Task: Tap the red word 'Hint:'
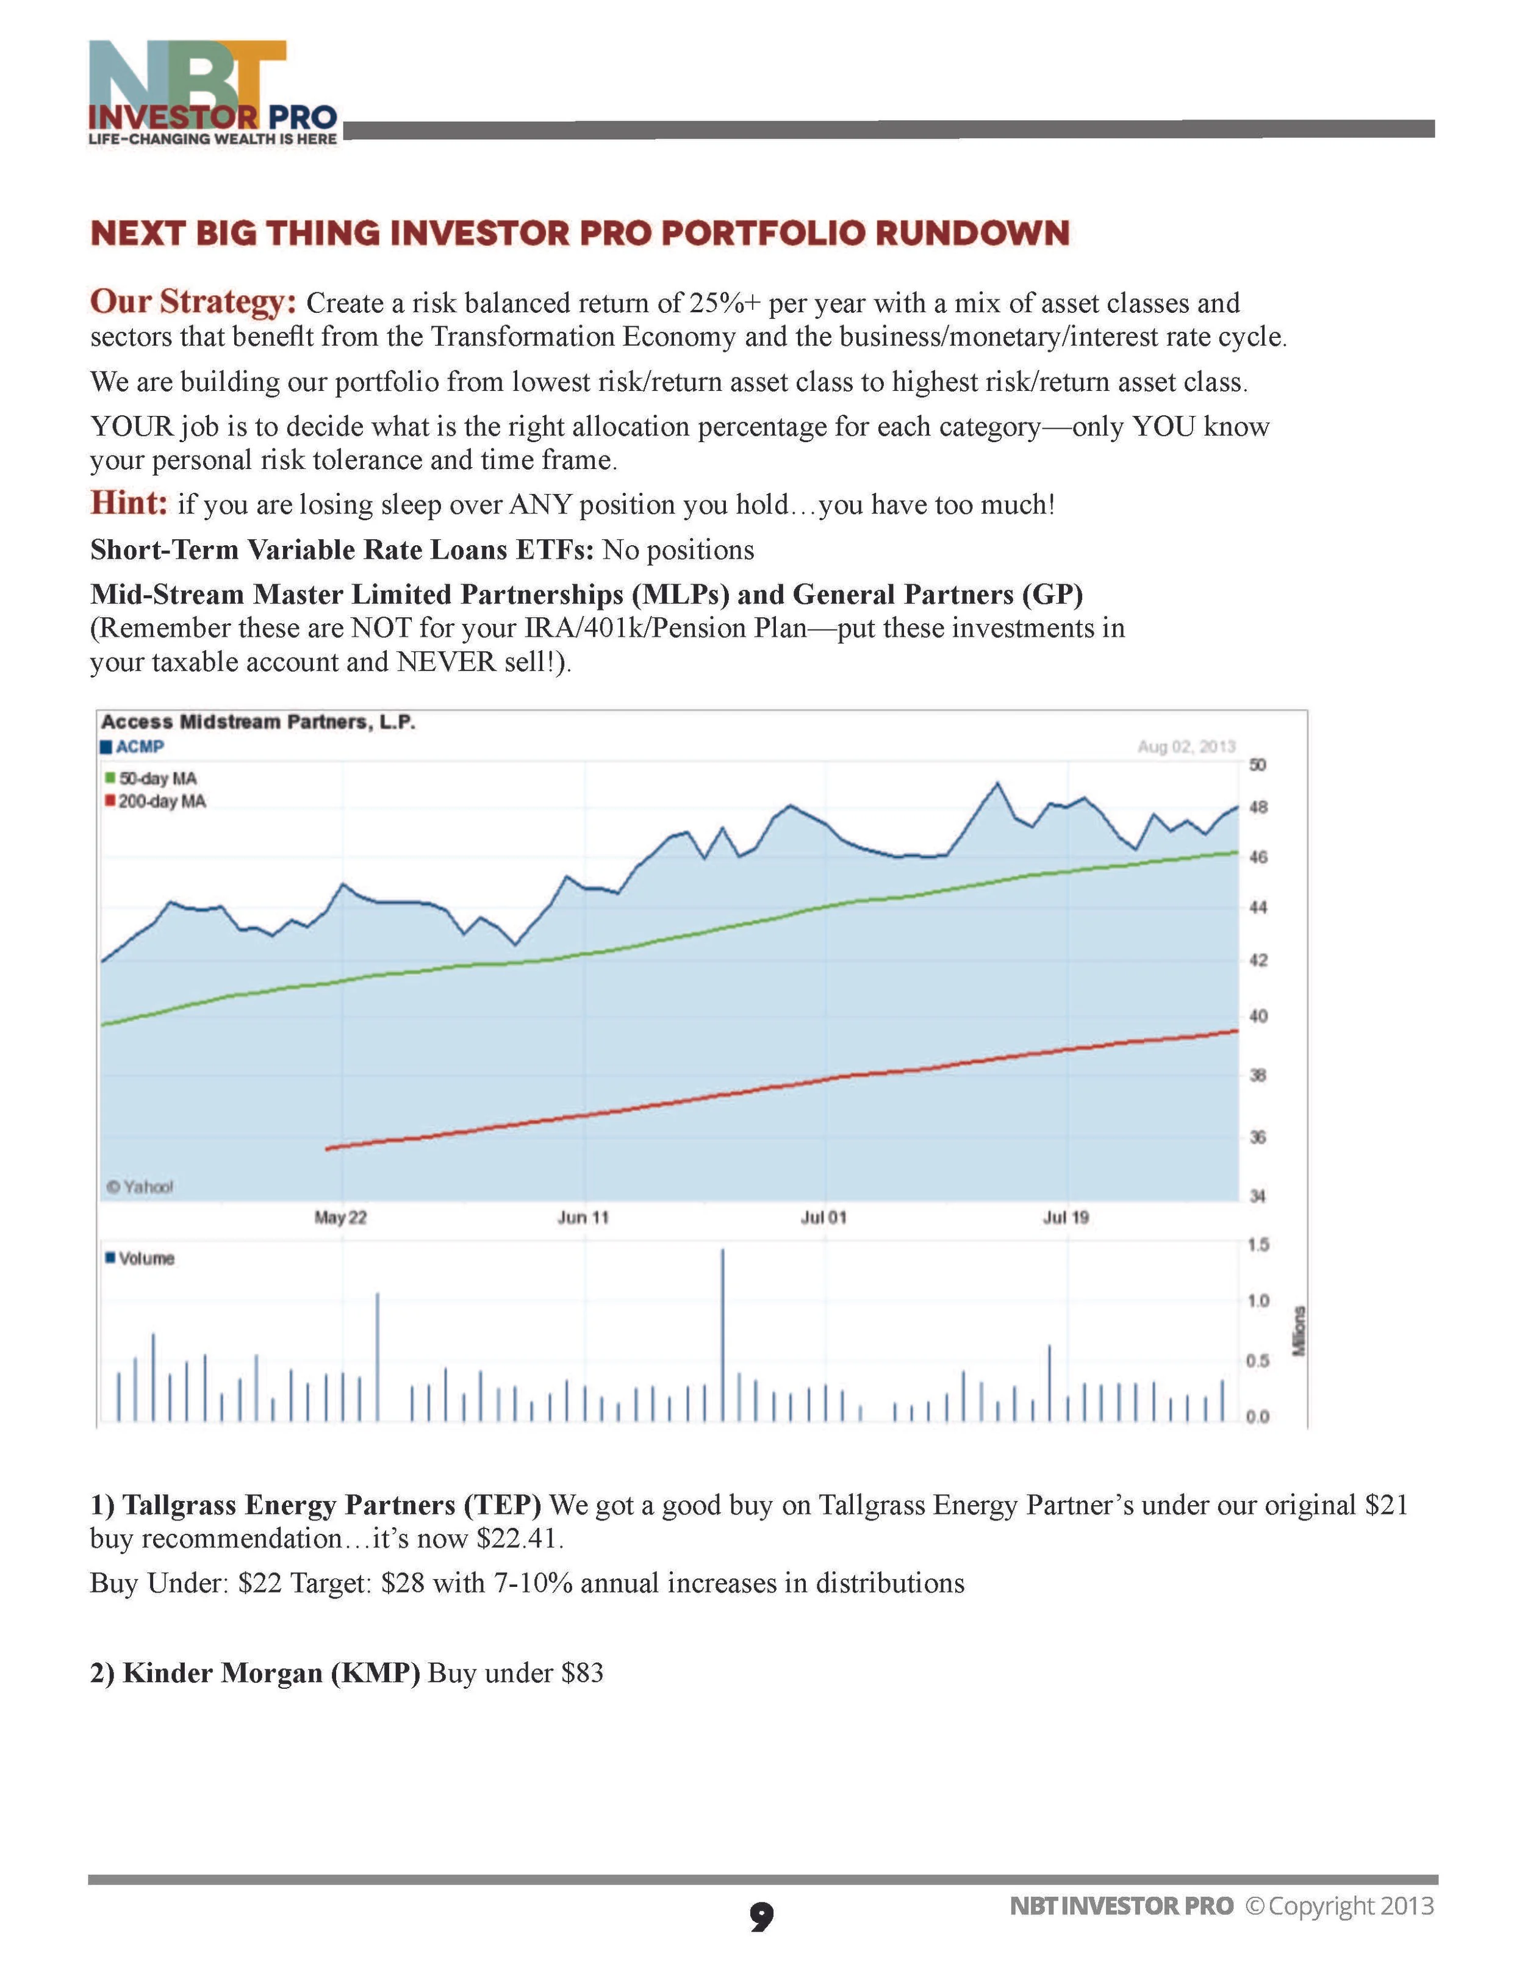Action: tap(128, 503)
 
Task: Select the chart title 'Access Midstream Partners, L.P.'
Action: tap(257, 722)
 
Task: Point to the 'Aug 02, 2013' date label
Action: tap(1185, 746)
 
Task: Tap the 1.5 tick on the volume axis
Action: tap(1258, 1245)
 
